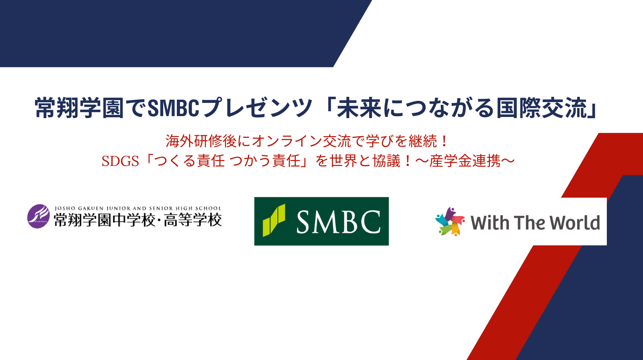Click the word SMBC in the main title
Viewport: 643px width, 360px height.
coord(173,108)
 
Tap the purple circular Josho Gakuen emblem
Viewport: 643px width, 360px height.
coord(39,216)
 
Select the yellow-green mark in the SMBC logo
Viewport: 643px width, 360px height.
coord(274,220)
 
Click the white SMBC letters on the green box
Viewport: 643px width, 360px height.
coord(338,221)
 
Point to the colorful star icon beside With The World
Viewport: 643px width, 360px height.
coord(450,221)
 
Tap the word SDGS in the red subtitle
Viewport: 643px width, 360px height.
coord(120,162)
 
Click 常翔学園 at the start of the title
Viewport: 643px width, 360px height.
coord(79,108)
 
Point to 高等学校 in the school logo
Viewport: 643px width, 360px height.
coord(193,220)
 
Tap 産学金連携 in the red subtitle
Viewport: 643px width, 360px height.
coord(465,161)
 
